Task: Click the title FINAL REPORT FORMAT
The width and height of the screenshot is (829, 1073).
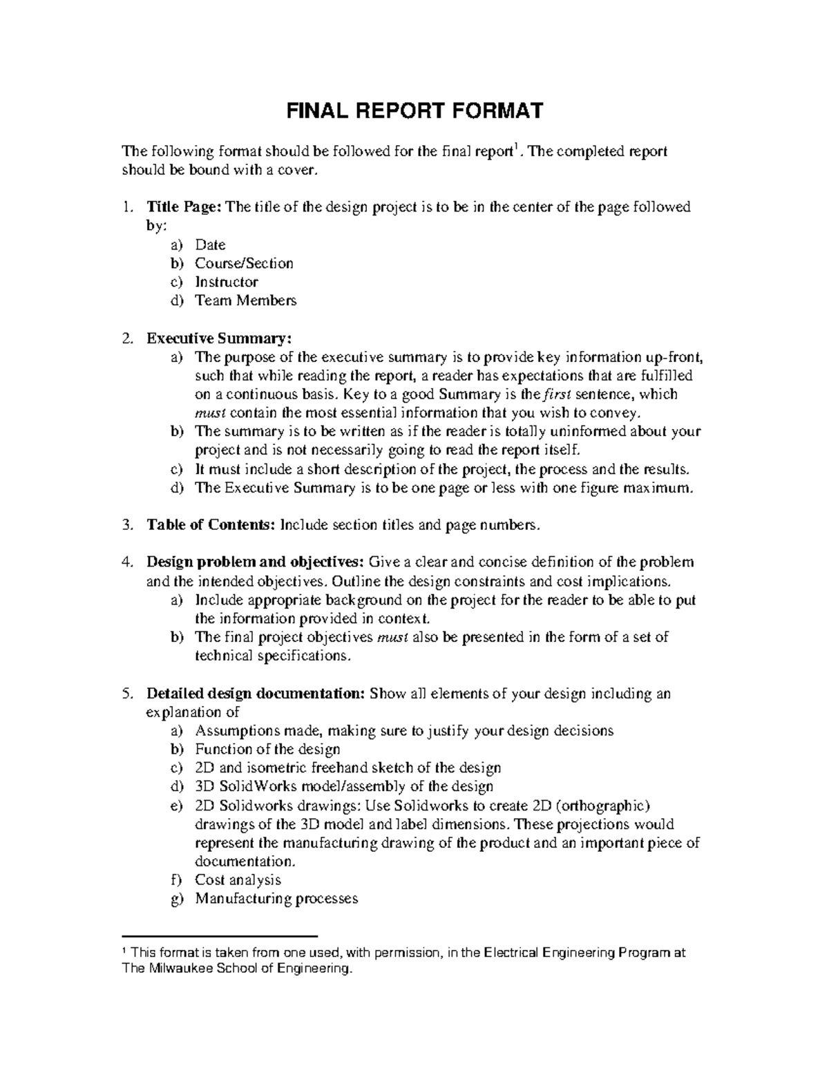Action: click(x=414, y=111)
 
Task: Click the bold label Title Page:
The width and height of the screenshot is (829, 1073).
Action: click(x=183, y=207)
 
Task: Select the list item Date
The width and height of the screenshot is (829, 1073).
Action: click(x=210, y=245)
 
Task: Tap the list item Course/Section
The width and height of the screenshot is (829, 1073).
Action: click(x=244, y=263)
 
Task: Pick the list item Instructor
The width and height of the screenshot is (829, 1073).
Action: click(x=227, y=282)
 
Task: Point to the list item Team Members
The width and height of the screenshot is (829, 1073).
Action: click(x=245, y=301)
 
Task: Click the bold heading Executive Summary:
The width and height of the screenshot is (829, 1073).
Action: click(x=220, y=339)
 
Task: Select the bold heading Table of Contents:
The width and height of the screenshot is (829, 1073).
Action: click(x=211, y=525)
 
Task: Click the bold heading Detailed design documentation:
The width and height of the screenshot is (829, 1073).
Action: click(x=256, y=694)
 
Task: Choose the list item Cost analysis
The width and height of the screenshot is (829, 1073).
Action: click(x=238, y=880)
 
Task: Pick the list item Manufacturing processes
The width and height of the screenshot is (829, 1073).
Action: click(x=276, y=899)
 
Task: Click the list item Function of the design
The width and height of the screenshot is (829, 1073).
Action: click(x=267, y=750)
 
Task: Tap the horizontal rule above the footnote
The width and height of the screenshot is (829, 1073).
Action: click(x=218, y=933)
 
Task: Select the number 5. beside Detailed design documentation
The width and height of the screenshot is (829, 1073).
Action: click(x=126, y=694)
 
